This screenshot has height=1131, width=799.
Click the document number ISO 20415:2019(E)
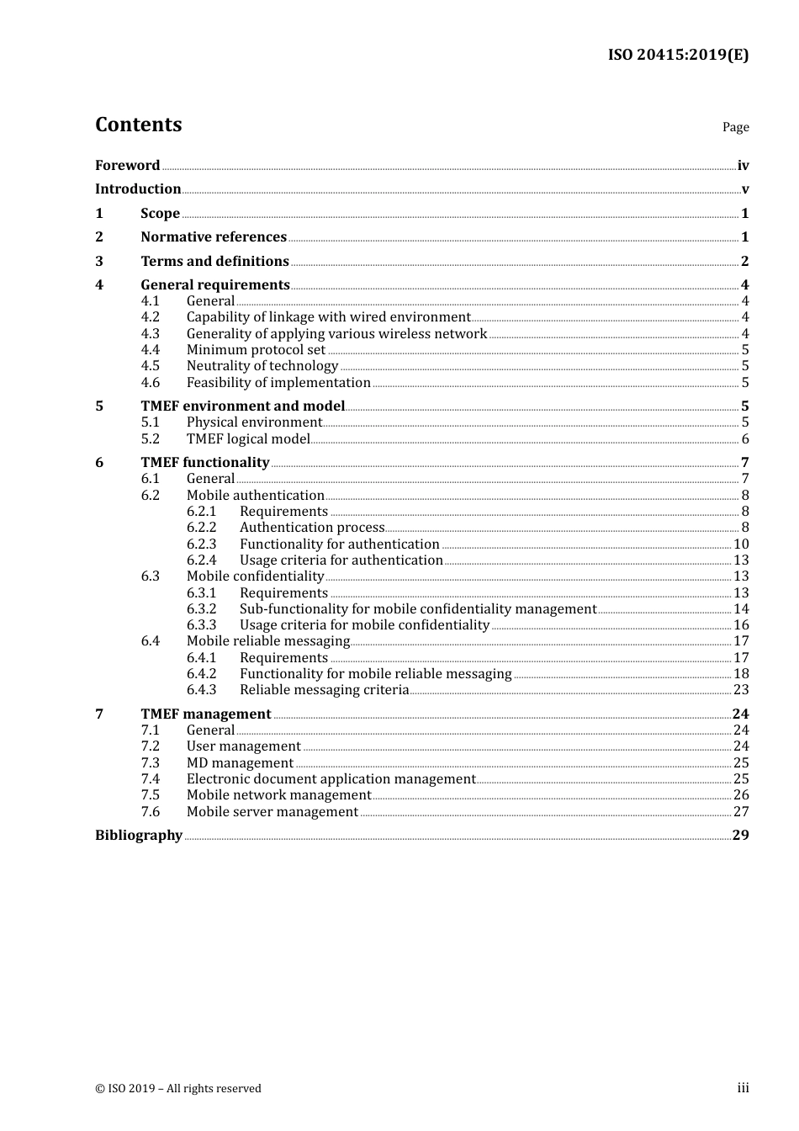[678, 55]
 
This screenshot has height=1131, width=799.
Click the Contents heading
[139, 125]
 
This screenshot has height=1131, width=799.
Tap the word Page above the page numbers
[735, 127]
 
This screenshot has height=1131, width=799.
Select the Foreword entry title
[127, 165]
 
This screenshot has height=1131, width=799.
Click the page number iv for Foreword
[743, 165]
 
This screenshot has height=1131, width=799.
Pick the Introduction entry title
[138, 188]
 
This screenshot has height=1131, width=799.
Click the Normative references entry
[214, 237]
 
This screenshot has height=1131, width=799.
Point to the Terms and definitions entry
[214, 261]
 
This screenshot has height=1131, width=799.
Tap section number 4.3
[150, 333]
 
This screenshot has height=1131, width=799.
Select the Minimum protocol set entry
[256, 349]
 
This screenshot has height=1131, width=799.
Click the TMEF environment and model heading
[243, 406]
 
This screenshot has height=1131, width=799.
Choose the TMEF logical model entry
[248, 438]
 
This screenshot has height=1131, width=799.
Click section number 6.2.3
[201, 544]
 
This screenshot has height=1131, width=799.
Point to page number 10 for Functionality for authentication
[741, 544]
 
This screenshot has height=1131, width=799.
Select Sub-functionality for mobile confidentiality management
[418, 608]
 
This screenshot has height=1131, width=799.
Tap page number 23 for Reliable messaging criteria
[741, 689]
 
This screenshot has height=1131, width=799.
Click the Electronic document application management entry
[331, 778]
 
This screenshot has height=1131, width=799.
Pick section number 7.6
[150, 811]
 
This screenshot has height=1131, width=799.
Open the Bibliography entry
[139, 835]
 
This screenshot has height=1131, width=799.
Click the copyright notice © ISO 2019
[178, 1088]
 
